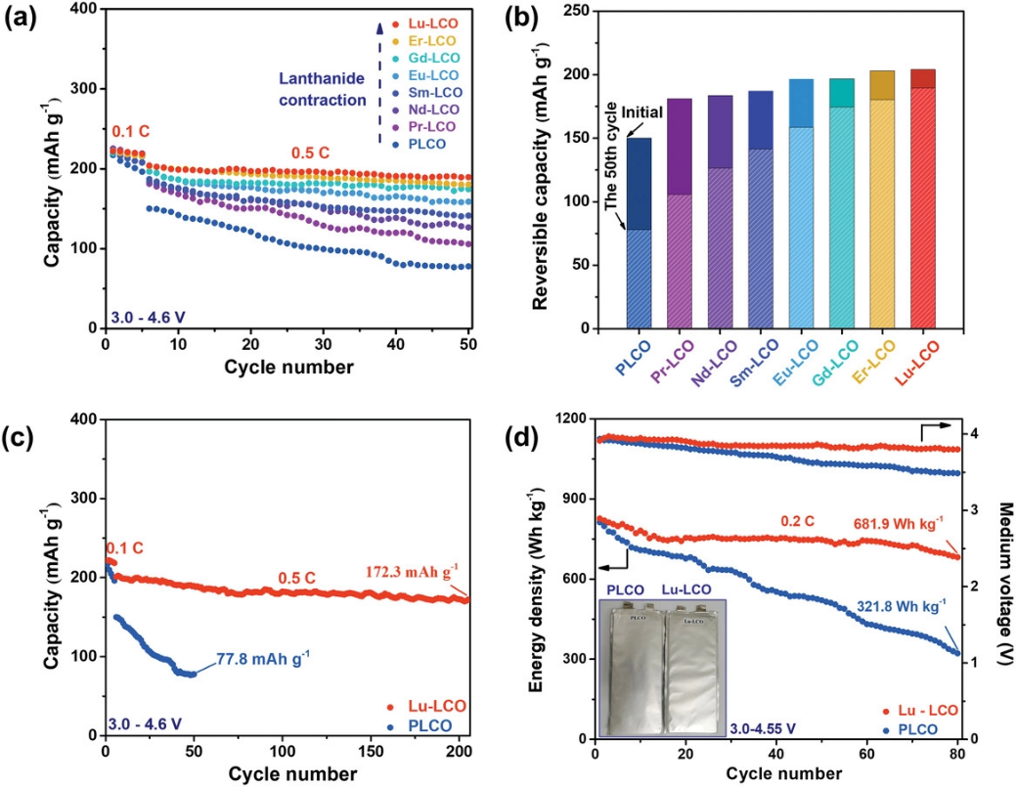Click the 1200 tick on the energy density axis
point(567,418)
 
